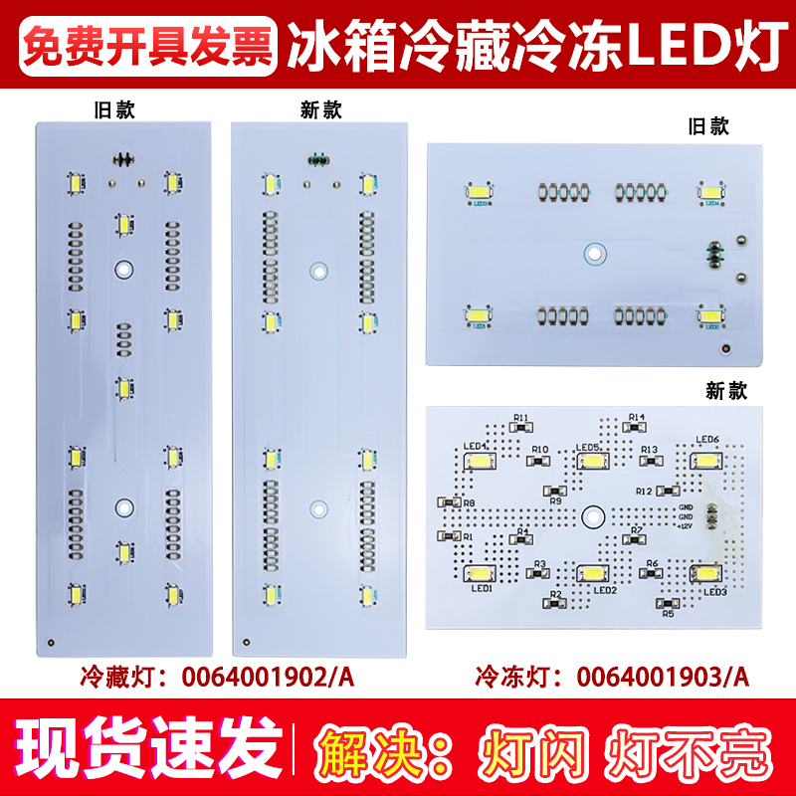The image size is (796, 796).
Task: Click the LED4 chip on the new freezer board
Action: click(x=481, y=462)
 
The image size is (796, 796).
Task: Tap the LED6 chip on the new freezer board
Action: click(x=707, y=460)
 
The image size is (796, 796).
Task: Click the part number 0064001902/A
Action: click(x=267, y=678)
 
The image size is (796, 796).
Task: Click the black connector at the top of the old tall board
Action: click(x=123, y=157)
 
